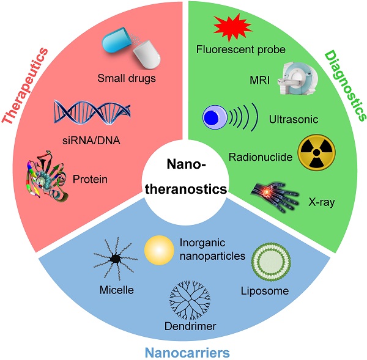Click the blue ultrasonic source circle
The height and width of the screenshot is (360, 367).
click(x=214, y=117)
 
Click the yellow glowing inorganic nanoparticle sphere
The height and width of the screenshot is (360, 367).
click(x=160, y=250)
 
